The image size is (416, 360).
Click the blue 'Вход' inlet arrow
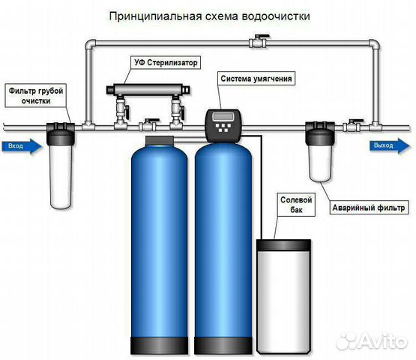click(x=22, y=146)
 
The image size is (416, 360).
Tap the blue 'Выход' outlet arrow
click(x=390, y=145)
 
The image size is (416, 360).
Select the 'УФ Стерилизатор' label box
click(x=166, y=63)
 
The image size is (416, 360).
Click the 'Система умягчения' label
click(x=256, y=79)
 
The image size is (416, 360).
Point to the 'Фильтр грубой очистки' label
click(x=36, y=95)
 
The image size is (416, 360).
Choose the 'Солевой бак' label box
click(x=296, y=205)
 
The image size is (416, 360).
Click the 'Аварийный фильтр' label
click(x=369, y=207)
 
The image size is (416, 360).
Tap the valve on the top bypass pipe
click(x=258, y=42)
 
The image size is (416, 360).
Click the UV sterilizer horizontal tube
click(x=148, y=90)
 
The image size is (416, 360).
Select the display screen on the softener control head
click(x=223, y=116)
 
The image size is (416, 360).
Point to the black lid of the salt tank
click(x=283, y=245)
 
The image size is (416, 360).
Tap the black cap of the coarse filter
click(x=61, y=134)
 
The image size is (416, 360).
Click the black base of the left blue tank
click(x=160, y=346)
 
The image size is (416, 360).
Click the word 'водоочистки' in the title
click(x=276, y=16)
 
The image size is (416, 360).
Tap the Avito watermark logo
click(x=372, y=341)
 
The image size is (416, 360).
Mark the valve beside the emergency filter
click(x=352, y=125)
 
